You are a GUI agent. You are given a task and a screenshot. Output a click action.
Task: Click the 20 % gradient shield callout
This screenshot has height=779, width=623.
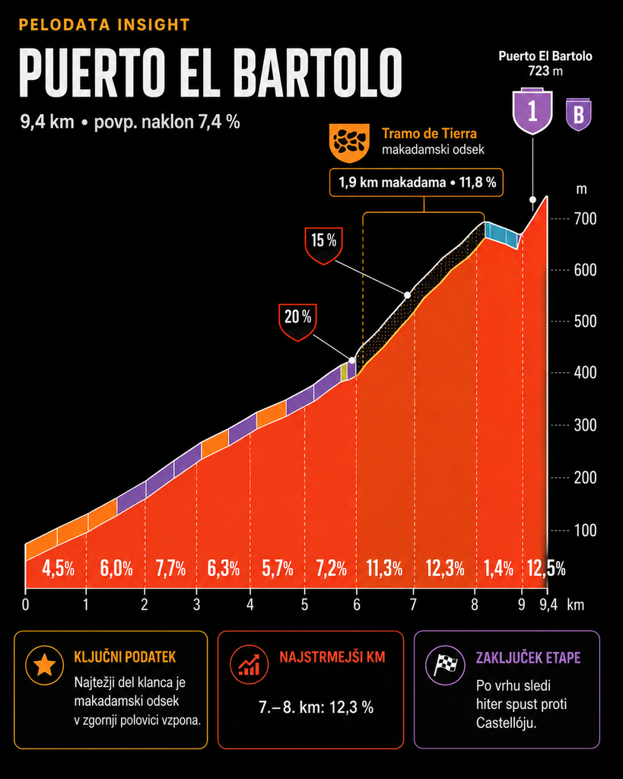[297, 322]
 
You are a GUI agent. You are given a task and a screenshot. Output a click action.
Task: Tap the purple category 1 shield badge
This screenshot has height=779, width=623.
[532, 111]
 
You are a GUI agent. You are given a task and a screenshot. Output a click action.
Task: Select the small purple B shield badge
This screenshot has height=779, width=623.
[579, 114]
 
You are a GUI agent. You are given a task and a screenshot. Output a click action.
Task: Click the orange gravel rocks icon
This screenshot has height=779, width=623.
[350, 143]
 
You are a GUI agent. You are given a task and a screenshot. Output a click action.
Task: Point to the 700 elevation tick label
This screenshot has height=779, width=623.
[585, 218]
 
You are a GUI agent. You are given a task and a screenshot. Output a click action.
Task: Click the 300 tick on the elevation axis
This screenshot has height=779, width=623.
[585, 425]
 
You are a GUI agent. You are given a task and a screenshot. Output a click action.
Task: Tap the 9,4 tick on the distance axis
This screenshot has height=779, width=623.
[548, 605]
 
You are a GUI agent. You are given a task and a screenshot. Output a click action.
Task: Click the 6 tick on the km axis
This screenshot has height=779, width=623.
[357, 605]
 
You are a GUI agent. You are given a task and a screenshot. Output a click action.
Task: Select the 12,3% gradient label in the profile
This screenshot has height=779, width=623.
[445, 568]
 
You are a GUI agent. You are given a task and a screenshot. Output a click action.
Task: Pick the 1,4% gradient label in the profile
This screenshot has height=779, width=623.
[499, 568]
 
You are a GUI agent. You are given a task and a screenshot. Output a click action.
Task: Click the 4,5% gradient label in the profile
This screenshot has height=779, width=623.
[58, 568]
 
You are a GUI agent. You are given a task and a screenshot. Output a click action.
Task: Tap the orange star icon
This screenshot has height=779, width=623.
[44, 665]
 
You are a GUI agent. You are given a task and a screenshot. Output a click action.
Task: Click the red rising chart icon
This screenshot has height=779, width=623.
[249, 665]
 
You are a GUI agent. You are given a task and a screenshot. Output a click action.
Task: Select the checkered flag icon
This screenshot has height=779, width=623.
[445, 665]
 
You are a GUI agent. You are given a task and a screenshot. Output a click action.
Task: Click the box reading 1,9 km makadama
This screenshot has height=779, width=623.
[416, 183]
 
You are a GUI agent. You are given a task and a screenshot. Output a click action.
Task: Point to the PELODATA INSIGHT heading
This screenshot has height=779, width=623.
[104, 25]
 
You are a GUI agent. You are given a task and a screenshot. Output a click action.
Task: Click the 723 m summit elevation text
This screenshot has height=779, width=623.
[545, 71]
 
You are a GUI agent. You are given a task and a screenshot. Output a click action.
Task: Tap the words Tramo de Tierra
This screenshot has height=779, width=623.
[429, 134]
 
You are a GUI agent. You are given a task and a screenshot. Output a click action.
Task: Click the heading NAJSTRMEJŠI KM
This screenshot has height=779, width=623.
[332, 657]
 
